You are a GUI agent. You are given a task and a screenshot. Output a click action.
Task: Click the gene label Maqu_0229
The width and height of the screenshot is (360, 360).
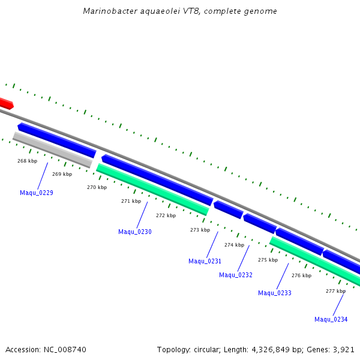37,193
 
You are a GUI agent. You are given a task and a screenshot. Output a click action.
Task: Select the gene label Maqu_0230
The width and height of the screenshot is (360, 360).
135,232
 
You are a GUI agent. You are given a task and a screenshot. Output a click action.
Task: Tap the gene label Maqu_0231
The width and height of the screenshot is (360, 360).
205,261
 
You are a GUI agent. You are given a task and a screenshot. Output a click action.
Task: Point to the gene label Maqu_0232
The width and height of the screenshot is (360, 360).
236,275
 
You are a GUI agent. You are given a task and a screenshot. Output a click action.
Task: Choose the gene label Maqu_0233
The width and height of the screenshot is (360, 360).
275,293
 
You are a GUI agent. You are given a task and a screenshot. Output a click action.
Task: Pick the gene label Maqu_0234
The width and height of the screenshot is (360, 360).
331,319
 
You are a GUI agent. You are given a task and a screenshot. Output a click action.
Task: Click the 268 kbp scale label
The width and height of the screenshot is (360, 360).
27,161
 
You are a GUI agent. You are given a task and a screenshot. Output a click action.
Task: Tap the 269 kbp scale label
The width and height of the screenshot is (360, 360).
62,174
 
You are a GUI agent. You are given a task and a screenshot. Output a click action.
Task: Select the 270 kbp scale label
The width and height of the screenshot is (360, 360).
97,187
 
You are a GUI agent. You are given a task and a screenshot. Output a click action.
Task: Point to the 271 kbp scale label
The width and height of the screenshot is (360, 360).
131,201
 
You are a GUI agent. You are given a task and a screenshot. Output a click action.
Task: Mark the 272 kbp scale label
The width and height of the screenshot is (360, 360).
166,215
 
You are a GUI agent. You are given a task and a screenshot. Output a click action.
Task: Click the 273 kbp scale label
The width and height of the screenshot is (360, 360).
200,230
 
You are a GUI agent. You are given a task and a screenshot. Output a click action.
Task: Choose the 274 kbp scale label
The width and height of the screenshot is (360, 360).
234,245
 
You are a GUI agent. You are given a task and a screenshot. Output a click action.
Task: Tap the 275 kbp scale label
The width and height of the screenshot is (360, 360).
268,260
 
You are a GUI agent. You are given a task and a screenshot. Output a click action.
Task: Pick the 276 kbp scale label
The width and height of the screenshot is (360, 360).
301,275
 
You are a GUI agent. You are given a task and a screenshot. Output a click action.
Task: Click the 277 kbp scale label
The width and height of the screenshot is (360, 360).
335,291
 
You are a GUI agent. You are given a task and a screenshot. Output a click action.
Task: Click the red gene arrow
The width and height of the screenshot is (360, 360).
5,103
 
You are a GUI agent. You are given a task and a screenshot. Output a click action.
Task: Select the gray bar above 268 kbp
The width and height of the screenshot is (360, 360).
52,149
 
